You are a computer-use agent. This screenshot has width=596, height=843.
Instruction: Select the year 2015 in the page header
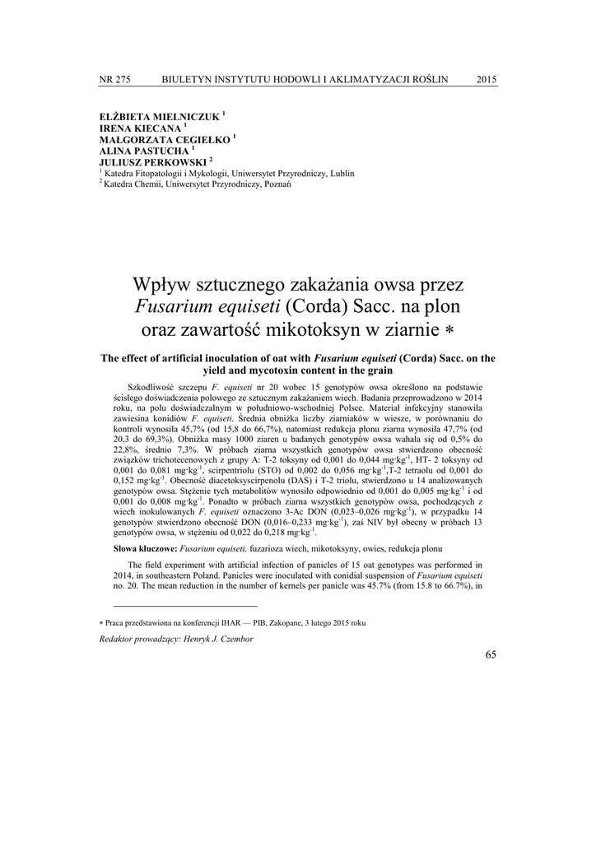[x=487, y=79]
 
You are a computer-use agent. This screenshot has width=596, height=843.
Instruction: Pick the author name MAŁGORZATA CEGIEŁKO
[x=165, y=140]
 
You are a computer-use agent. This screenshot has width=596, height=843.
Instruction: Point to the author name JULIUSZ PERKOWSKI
[x=152, y=163]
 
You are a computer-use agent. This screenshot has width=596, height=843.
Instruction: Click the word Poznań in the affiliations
[x=277, y=184]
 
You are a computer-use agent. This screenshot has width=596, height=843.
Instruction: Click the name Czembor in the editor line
[x=258, y=639]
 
